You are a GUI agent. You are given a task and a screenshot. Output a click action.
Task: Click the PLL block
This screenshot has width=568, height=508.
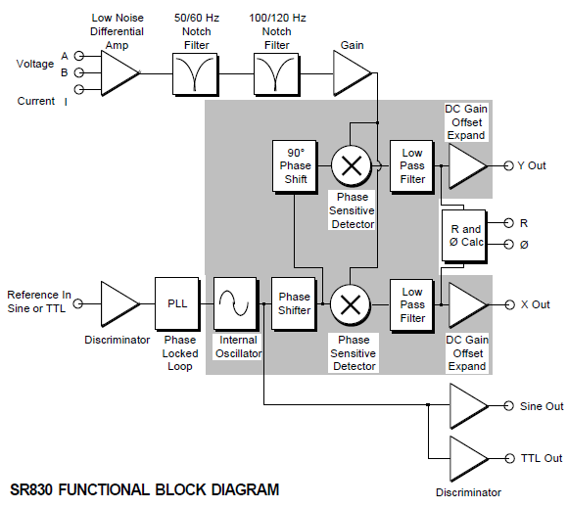(x=177, y=303)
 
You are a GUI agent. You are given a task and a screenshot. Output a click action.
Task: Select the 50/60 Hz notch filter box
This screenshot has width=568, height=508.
(x=196, y=74)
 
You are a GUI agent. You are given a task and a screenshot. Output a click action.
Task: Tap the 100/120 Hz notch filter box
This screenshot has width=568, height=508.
(x=277, y=74)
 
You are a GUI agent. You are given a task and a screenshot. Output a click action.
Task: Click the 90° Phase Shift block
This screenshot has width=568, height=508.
(x=295, y=167)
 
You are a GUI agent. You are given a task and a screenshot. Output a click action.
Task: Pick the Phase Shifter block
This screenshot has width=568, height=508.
(x=294, y=303)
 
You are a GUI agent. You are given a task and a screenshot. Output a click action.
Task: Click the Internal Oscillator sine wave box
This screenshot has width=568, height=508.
(x=236, y=303)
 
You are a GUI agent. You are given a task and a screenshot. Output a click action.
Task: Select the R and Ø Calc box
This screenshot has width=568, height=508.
(x=464, y=236)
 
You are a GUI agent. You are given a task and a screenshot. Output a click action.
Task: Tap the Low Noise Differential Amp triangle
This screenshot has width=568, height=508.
(x=119, y=73)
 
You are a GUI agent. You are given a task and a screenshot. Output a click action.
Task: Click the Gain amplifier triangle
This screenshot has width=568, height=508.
(x=352, y=73)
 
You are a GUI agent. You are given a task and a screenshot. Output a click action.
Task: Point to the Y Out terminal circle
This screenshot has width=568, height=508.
(x=509, y=165)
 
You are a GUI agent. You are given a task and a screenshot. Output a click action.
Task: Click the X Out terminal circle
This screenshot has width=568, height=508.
(x=509, y=304)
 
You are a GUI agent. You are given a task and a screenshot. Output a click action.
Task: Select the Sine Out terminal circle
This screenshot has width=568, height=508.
(x=509, y=406)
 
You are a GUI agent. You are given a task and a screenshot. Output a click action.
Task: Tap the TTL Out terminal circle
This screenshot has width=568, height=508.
(x=509, y=459)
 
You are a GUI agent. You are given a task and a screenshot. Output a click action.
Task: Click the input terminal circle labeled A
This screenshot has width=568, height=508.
(x=79, y=56)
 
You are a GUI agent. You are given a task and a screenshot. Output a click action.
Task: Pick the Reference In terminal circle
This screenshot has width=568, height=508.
(x=78, y=303)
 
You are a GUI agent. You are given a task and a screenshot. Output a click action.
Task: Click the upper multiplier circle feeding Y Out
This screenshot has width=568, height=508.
(x=352, y=166)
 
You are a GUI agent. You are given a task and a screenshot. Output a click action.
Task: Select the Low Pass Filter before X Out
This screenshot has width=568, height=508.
(x=412, y=304)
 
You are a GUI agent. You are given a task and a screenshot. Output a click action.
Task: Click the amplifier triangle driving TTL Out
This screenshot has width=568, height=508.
(x=468, y=459)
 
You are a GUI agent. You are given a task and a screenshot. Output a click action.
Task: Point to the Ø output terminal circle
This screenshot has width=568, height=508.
(x=509, y=245)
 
